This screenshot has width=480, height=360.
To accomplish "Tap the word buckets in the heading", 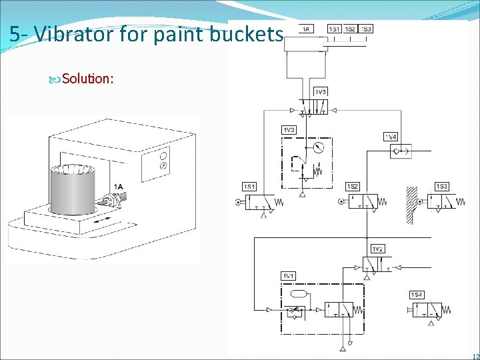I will pyautogui.click(x=247, y=34).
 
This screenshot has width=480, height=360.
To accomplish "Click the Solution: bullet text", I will pyautogui.click(x=88, y=79).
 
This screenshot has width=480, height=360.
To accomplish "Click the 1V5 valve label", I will pyautogui.click(x=320, y=91).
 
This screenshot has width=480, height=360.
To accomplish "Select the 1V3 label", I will pyautogui.click(x=289, y=130).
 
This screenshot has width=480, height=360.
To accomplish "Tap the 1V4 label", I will pyautogui.click(x=391, y=137).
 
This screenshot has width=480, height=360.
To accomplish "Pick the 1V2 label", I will pyautogui.click(x=378, y=249).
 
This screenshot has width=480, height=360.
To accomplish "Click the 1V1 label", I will pyautogui.click(x=288, y=275).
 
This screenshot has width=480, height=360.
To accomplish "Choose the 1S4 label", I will pyautogui.click(x=417, y=295).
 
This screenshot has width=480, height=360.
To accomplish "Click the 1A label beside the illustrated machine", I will pyautogui.click(x=118, y=187).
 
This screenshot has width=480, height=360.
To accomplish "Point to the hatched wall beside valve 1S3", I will pyautogui.click(x=412, y=203).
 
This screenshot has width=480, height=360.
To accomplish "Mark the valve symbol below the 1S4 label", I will pyautogui.click(x=427, y=310).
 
